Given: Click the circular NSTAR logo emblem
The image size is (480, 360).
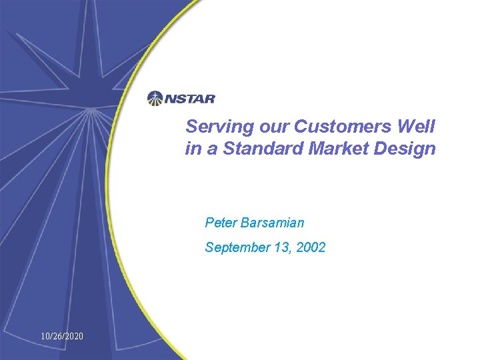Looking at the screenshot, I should [x=155, y=99].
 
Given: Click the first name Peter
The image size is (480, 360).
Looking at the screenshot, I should [x=220, y=222].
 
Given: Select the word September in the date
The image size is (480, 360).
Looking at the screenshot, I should [x=237, y=248].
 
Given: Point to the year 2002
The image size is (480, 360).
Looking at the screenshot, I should [x=311, y=248].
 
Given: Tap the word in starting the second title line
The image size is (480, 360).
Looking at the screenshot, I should [x=191, y=149].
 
